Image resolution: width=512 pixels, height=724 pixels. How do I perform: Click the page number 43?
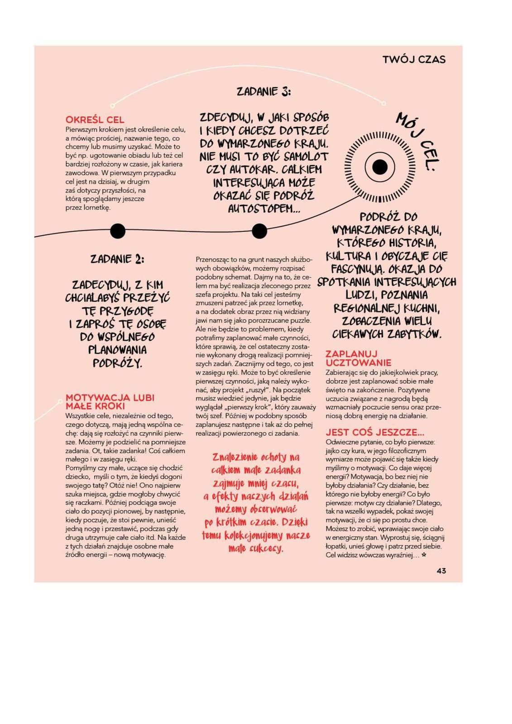pyautogui.click(x=441, y=571)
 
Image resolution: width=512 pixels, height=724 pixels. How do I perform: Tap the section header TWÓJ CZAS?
pyautogui.click(x=414, y=59)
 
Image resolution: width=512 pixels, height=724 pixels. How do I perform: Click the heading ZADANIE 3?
pyautogui.click(x=263, y=92)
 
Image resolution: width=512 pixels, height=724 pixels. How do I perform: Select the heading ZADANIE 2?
pyautogui.click(x=117, y=259)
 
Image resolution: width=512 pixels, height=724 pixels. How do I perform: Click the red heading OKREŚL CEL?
pyautogui.click(x=95, y=120)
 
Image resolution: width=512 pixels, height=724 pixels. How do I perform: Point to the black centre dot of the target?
pyautogui.click(x=380, y=167)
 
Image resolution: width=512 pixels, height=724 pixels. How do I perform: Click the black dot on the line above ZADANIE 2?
pyautogui.click(x=118, y=231)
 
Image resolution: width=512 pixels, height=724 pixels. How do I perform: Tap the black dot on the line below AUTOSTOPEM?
pyautogui.click(x=259, y=231)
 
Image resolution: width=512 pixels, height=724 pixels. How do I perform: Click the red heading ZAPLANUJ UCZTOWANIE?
pyautogui.click(x=358, y=358)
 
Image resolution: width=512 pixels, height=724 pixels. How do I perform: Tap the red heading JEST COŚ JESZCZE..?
pyautogui.click(x=375, y=432)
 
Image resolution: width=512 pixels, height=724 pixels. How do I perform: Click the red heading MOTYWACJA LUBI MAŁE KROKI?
pyautogui.click(x=110, y=402)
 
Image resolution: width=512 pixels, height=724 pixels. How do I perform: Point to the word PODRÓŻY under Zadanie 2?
pyautogui.click(x=117, y=363)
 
